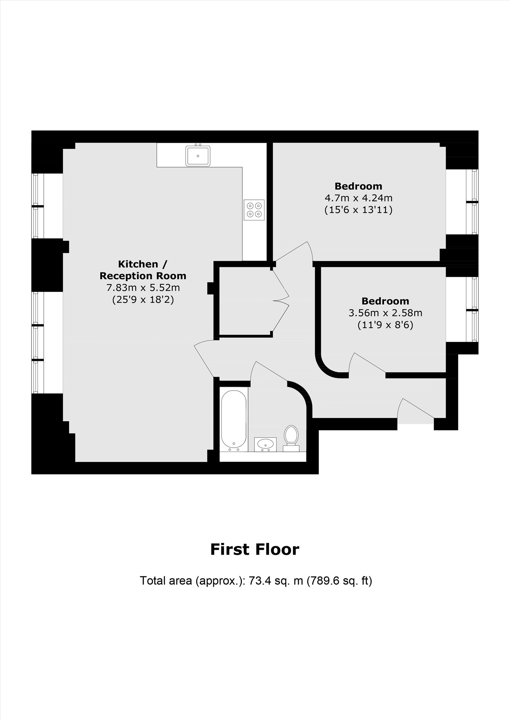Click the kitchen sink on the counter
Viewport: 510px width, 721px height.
pyautogui.click(x=198, y=155)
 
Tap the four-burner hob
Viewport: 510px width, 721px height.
pyautogui.click(x=254, y=210)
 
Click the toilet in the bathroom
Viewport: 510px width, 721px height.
pyautogui.click(x=291, y=439)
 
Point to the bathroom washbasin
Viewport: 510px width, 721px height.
pyautogui.click(x=265, y=444)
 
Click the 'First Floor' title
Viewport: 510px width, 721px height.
pyautogui.click(x=255, y=549)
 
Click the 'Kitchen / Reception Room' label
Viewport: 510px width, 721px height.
pyautogui.click(x=143, y=270)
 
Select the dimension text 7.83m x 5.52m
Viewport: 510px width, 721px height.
pyautogui.click(x=143, y=288)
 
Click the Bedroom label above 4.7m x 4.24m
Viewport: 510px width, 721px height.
pyautogui.click(x=358, y=186)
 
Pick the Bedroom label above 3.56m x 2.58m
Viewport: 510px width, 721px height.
pyautogui.click(x=385, y=301)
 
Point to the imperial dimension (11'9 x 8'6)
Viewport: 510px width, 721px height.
pyautogui.click(x=385, y=325)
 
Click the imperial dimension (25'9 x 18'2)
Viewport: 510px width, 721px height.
pyautogui.click(x=143, y=300)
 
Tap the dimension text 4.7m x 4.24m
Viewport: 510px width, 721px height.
pyautogui.click(x=358, y=198)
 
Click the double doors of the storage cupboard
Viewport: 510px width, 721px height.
pyautogui.click(x=281, y=299)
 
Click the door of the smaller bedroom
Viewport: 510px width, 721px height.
pyautogui.click(x=367, y=364)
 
